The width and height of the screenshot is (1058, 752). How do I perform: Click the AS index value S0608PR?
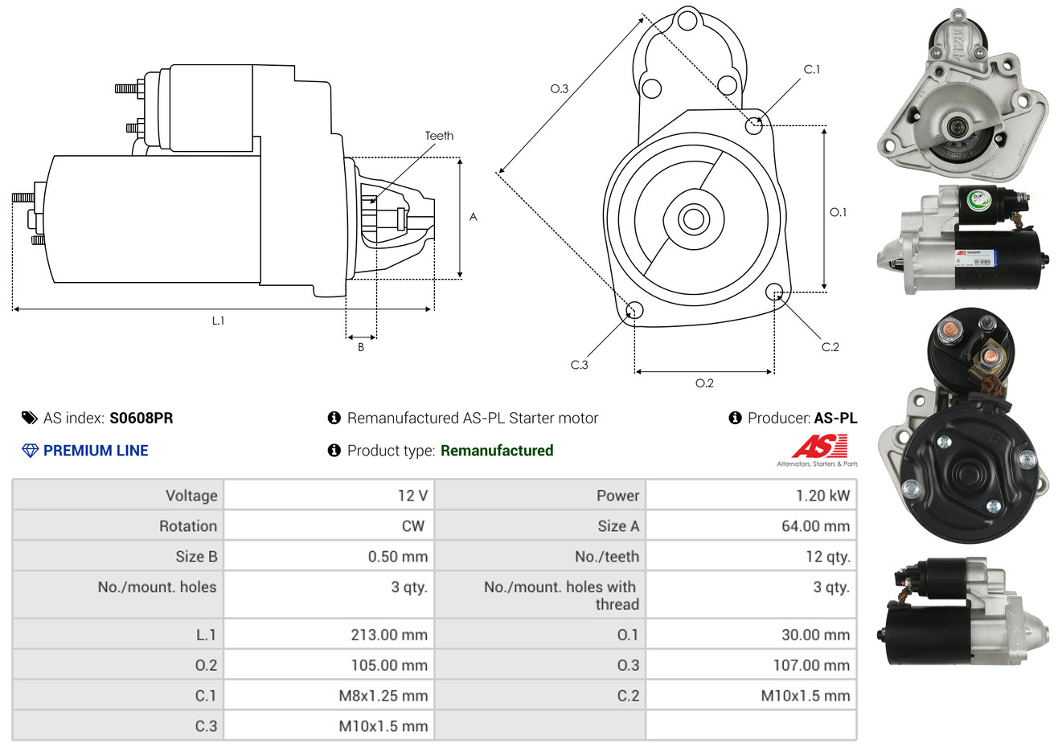pos(141,419)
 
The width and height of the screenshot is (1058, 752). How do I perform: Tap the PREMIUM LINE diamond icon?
pos(31,451)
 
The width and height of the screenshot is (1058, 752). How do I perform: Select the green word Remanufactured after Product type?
pos(497,451)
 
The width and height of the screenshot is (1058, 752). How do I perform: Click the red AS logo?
pos(819,446)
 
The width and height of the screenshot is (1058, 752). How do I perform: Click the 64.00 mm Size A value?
pos(816,526)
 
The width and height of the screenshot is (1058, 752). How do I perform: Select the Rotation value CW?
pos(412,526)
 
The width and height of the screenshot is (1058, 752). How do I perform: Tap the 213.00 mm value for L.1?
pos(389,635)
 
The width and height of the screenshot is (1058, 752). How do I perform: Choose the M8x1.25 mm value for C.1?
pos(383,695)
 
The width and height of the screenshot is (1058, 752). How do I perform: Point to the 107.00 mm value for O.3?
pos(811,665)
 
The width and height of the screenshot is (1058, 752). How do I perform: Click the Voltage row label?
pos(191,496)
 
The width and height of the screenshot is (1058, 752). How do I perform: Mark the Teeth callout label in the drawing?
pos(439,136)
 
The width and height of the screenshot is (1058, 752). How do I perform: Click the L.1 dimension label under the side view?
pos(218,321)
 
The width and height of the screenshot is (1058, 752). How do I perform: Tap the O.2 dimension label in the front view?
pos(704,383)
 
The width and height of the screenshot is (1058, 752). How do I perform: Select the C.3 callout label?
pos(579,365)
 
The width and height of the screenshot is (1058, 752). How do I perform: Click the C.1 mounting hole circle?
pos(754,125)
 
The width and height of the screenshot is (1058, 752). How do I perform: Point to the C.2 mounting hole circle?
pos(774,292)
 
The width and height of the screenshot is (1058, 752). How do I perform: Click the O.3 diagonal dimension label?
pos(560,88)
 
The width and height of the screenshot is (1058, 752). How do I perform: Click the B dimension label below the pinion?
pos(361,347)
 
